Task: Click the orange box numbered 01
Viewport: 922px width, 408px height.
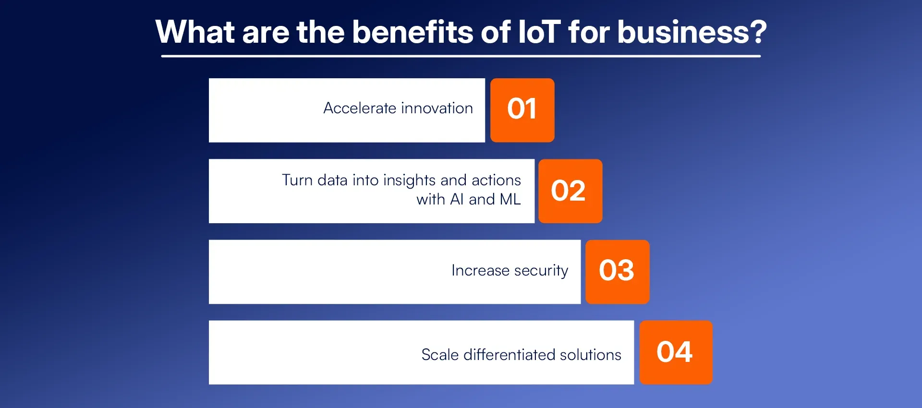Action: (x=522, y=110)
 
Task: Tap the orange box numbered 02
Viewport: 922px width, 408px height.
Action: (x=570, y=191)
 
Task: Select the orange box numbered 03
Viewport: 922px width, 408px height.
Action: (x=617, y=272)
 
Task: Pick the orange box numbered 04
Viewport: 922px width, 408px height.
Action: (x=676, y=352)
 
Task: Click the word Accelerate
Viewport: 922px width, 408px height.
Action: (x=360, y=108)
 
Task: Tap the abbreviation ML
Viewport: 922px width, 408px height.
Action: (x=510, y=199)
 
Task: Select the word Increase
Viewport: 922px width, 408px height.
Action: (x=480, y=270)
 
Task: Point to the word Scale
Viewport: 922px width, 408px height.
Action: (x=440, y=355)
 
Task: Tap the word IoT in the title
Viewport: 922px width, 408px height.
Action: (x=539, y=32)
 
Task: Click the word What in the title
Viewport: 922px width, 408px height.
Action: (x=195, y=32)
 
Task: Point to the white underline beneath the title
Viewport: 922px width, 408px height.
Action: (x=461, y=56)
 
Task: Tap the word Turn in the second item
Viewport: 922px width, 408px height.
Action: (x=297, y=180)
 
